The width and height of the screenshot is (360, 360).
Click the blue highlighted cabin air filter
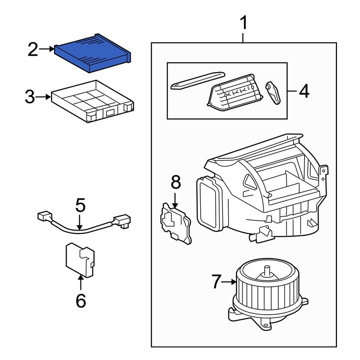93,53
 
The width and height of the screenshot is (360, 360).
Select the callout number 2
33,50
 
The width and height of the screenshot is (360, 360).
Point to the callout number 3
31,97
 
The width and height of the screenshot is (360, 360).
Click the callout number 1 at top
244,24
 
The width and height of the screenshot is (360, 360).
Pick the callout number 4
304,91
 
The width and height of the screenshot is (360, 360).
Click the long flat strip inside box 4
197,81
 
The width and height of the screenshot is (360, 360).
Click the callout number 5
80,206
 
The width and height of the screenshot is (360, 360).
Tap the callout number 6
81,300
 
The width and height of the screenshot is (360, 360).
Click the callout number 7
216,282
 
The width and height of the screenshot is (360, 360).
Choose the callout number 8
175,183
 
